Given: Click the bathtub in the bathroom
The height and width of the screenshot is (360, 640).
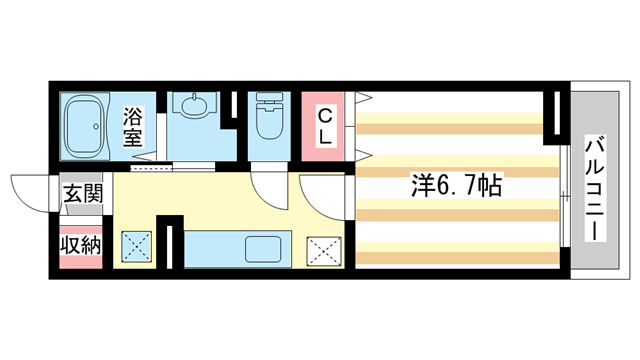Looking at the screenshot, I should tap(86, 127).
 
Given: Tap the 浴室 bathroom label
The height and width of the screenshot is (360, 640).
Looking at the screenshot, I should tap(135, 126).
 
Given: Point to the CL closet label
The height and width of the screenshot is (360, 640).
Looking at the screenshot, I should tap(325, 127).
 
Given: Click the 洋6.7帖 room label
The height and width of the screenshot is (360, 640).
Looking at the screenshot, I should tap(455, 185).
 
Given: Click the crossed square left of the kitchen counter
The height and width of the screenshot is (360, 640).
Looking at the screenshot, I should tap(136, 246).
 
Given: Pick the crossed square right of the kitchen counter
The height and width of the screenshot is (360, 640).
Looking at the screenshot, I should tap(321, 248).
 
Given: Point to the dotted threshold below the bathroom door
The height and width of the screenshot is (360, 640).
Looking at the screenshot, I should tap(146, 168).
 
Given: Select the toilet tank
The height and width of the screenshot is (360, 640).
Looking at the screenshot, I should tap(268, 101).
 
